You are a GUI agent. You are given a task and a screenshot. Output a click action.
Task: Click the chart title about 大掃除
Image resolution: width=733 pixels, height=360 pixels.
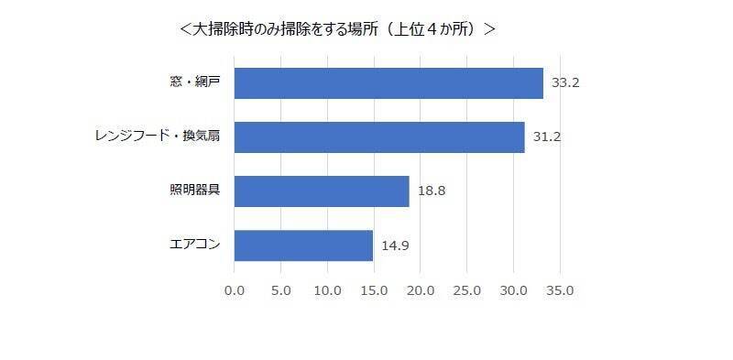pyautogui.click(x=338, y=29)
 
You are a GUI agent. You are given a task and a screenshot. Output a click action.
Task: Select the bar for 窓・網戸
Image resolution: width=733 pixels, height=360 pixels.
pyautogui.click(x=388, y=82)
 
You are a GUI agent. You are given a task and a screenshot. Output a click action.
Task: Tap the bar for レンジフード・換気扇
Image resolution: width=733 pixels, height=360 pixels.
pyautogui.click(x=379, y=137)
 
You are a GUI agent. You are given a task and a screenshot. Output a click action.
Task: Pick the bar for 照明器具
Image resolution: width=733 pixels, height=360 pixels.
pyautogui.click(x=322, y=191)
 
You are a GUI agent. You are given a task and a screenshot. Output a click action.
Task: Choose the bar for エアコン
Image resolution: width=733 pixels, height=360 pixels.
pyautogui.click(x=303, y=245)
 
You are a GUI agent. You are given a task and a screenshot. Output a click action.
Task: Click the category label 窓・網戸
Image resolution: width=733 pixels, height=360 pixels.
pyautogui.click(x=195, y=82)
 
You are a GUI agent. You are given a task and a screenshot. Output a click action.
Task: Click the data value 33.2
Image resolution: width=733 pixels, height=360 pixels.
pyautogui.click(x=565, y=82)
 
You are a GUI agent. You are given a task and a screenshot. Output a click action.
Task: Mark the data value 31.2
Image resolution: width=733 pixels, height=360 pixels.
pyautogui.click(x=547, y=137)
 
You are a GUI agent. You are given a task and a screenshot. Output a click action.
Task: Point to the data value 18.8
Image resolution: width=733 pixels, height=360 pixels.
pyautogui.click(x=431, y=191)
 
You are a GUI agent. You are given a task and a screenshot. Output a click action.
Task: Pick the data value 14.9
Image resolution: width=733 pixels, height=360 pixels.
pyautogui.click(x=395, y=245)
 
